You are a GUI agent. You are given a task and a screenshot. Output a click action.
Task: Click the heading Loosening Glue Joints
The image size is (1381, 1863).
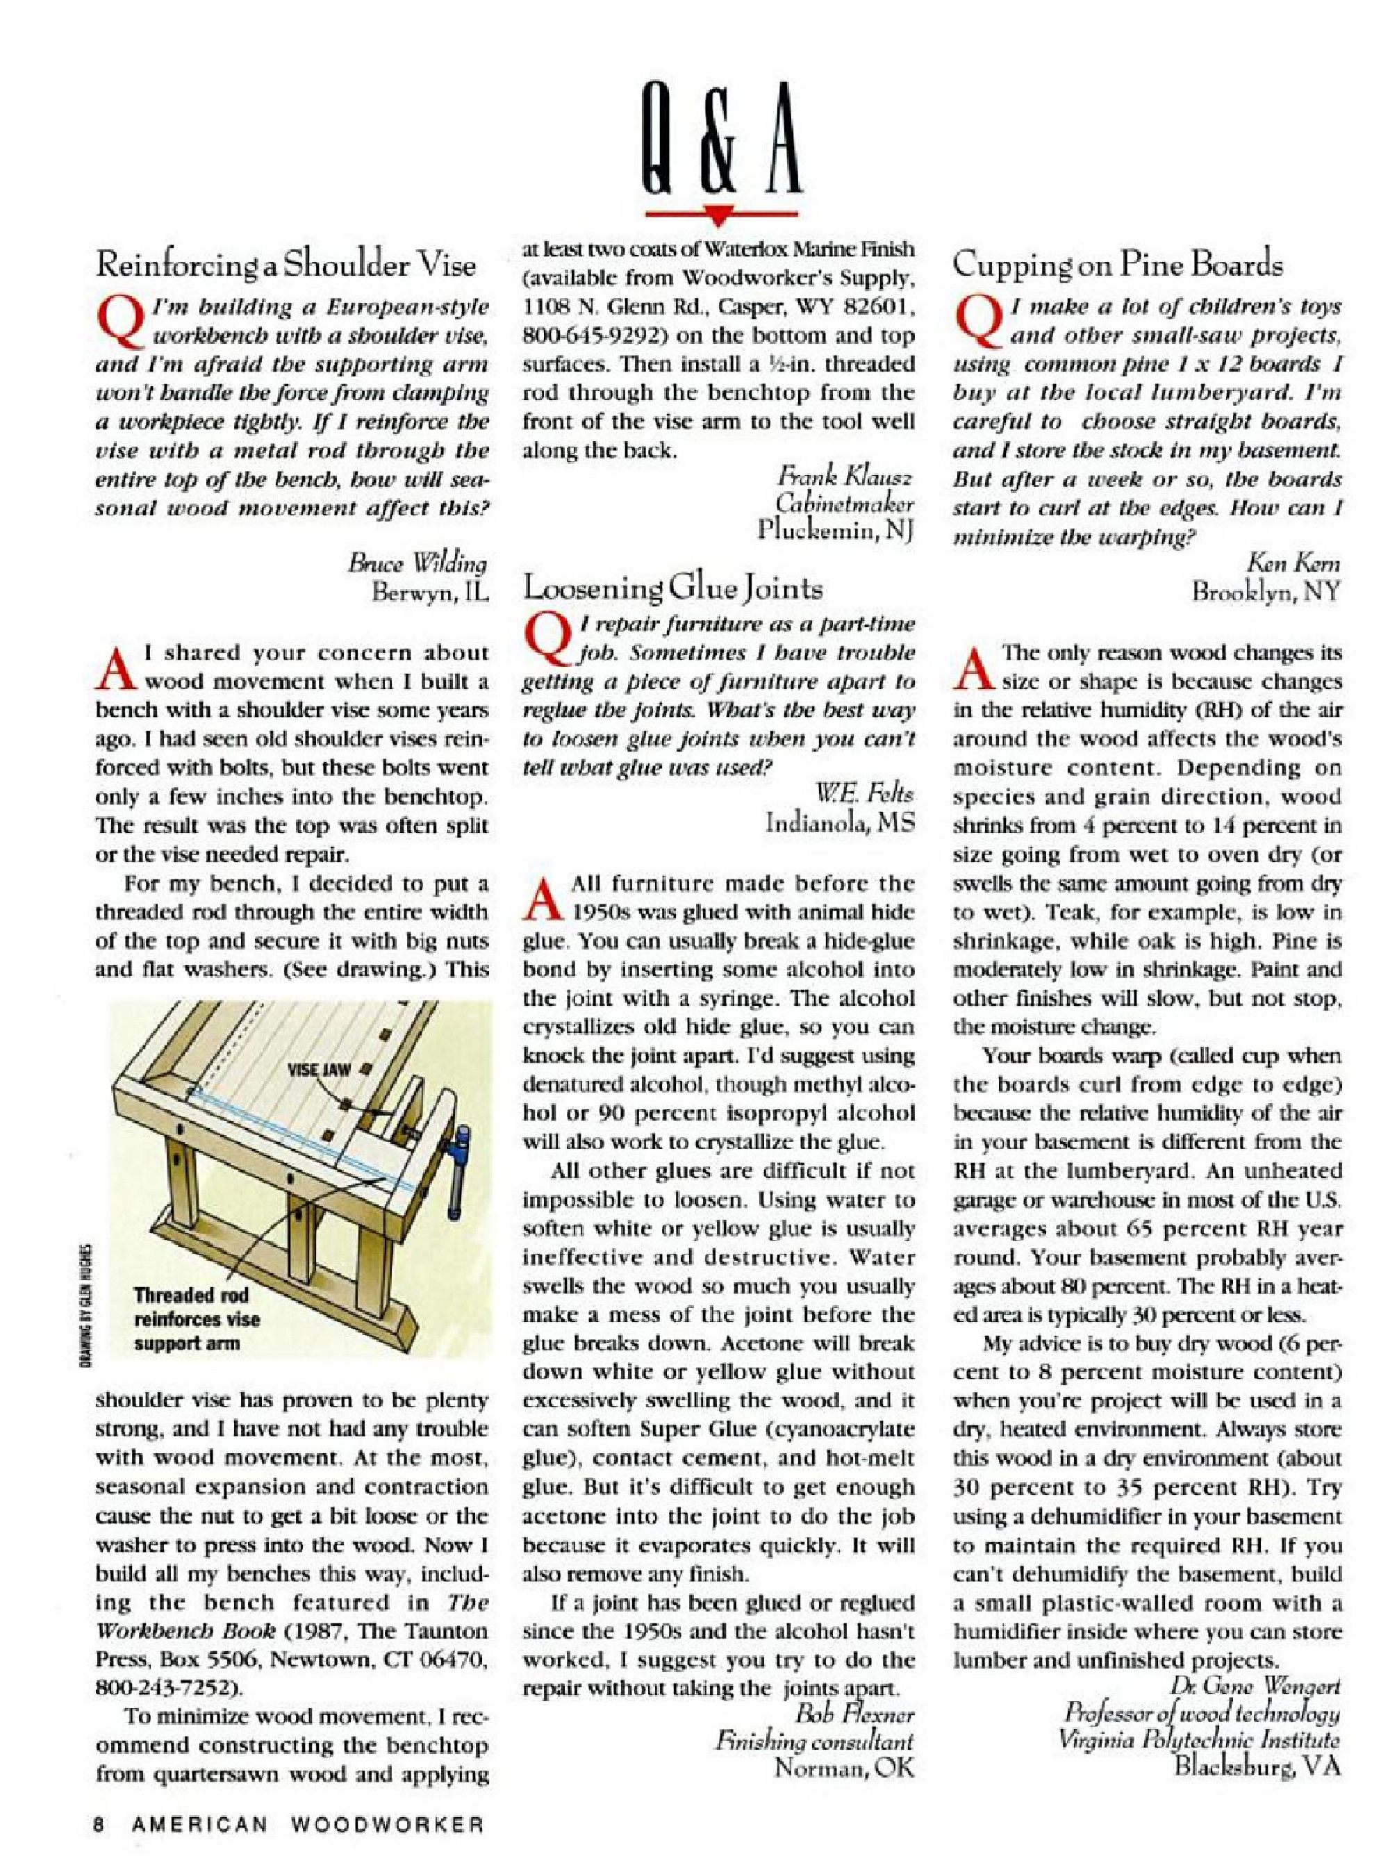tap(672, 588)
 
